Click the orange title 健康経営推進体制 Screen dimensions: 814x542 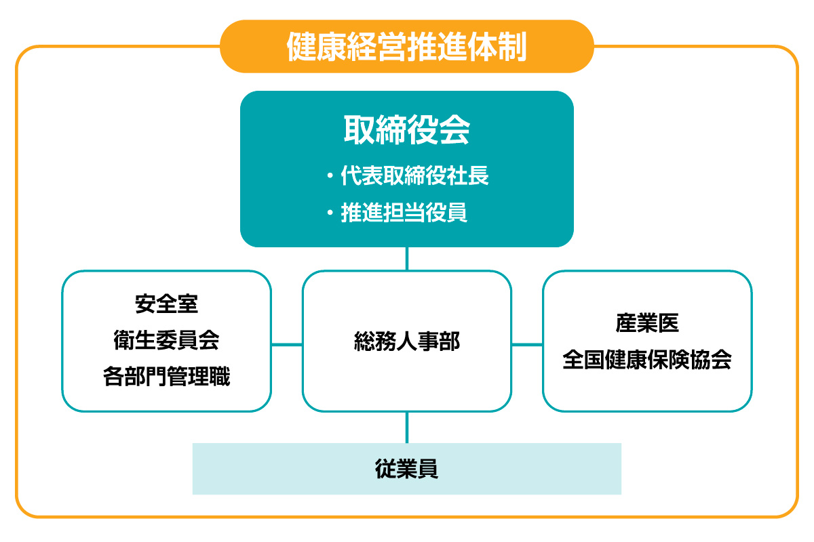point(406,47)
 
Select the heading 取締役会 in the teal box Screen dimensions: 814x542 point(406,129)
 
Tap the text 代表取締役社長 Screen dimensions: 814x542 point(414,175)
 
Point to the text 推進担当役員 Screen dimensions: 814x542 point(404,212)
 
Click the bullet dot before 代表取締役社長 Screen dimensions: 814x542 point(330,176)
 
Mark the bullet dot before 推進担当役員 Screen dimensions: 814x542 point(330,212)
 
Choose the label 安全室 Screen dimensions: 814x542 point(166,304)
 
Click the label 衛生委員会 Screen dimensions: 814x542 point(166,340)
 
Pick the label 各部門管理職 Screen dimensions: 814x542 point(166,377)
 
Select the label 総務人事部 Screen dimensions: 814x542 point(406,341)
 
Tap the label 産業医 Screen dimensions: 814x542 point(647,322)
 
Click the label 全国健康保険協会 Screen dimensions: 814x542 point(647,359)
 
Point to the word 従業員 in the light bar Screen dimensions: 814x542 point(406,469)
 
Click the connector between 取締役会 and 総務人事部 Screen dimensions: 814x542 point(406,259)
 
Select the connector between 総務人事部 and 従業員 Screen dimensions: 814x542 point(406,428)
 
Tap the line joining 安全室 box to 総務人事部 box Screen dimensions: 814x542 point(287,345)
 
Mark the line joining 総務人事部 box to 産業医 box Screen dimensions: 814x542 point(527,345)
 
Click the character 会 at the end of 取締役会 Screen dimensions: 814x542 point(455,129)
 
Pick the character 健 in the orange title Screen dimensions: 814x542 point(301,47)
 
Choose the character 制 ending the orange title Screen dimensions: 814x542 point(512,47)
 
